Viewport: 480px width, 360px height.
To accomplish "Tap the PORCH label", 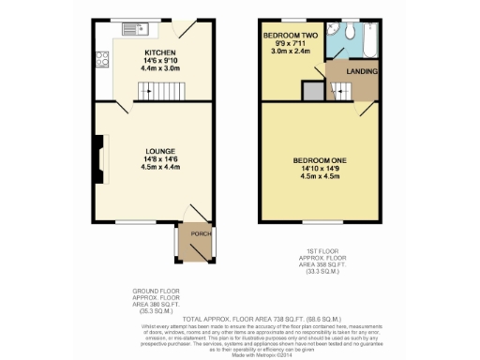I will (x=197, y=233).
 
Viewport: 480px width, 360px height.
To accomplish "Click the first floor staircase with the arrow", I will (x=342, y=90).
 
